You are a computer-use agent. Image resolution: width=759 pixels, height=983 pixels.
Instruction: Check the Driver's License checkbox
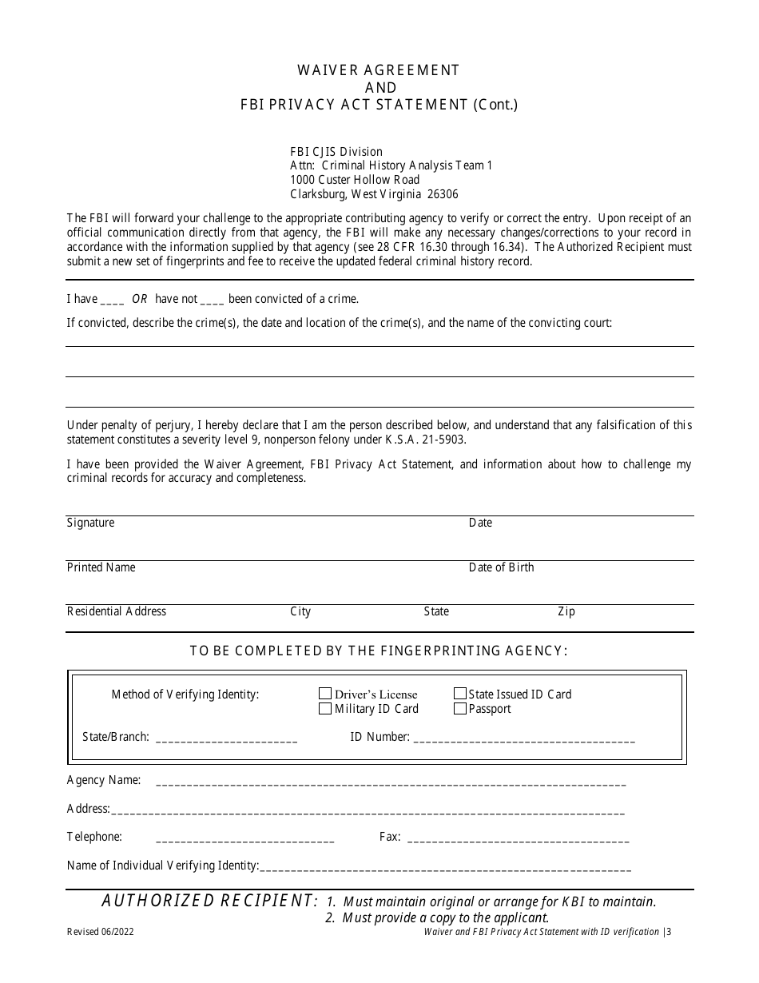(x=325, y=694)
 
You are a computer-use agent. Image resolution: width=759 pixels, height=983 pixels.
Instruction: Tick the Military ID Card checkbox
(x=325, y=708)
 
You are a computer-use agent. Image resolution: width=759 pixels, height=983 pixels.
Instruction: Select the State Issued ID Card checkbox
(x=460, y=694)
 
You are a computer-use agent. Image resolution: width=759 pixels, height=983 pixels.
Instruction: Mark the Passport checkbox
(x=460, y=708)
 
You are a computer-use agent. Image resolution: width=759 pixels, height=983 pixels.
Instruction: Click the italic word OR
(x=140, y=299)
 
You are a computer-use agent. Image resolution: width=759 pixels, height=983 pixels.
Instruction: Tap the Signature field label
(x=90, y=523)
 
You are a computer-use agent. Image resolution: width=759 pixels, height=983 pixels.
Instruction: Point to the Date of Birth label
(x=501, y=567)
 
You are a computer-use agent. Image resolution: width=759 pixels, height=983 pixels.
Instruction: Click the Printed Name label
(x=101, y=567)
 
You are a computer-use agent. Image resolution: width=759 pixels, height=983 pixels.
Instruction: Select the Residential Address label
(x=117, y=611)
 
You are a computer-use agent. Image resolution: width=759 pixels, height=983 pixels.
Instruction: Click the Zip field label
(x=566, y=611)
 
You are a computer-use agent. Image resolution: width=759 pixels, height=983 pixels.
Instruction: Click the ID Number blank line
(x=525, y=739)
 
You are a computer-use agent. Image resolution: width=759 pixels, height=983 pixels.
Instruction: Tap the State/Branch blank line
(x=226, y=739)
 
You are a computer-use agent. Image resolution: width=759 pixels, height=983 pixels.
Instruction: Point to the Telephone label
(x=94, y=837)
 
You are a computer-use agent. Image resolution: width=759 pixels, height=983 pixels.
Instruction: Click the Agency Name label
(x=104, y=780)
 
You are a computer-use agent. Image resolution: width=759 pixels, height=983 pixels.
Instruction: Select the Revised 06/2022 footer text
(x=100, y=932)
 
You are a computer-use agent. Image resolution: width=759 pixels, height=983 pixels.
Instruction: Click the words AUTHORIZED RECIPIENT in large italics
(x=209, y=901)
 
